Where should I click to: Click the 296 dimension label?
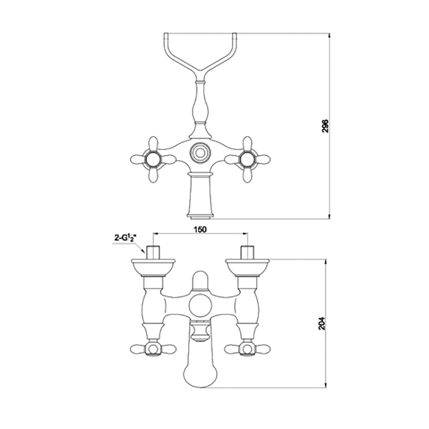(325, 126)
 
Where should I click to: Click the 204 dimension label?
(322, 323)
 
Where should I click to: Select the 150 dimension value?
(200, 230)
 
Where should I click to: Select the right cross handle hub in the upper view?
(247, 159)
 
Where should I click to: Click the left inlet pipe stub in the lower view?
(153, 252)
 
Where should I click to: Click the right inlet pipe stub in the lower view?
(247, 252)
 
